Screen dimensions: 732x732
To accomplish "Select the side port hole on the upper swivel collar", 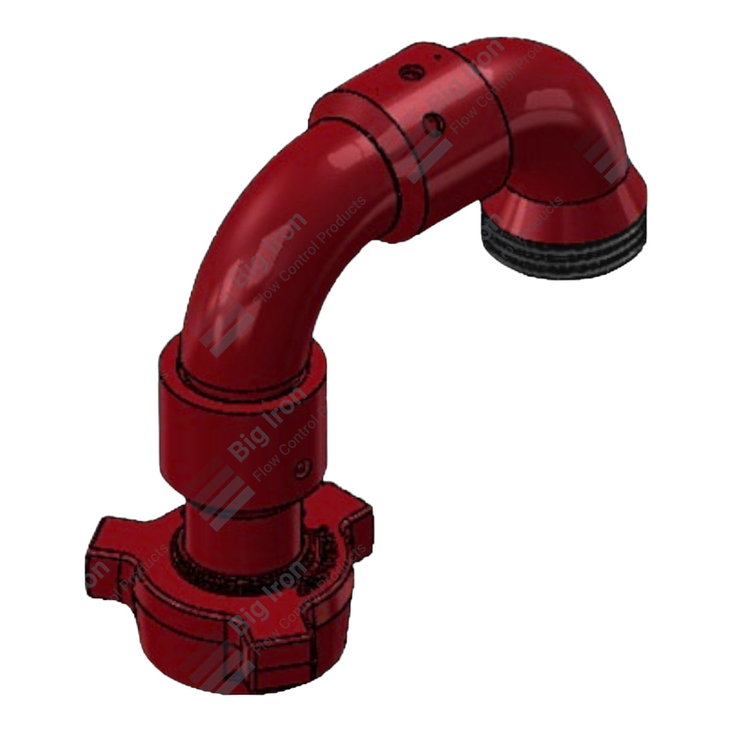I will click(434, 123).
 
